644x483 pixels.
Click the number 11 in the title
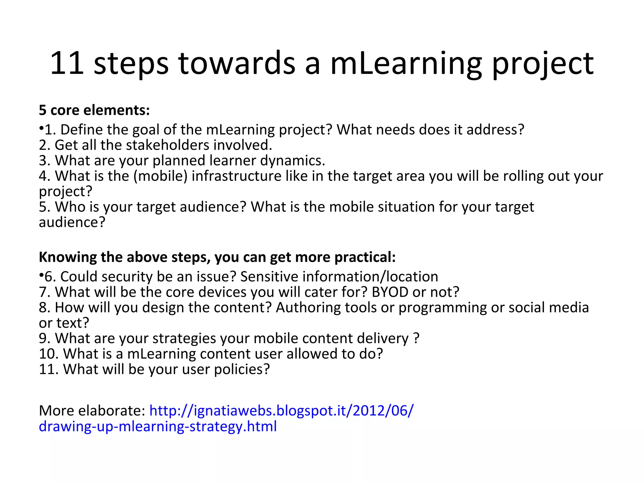(x=67, y=64)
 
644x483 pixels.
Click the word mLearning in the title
(x=406, y=64)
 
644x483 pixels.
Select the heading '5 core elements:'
(x=94, y=110)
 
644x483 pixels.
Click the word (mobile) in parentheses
(x=160, y=176)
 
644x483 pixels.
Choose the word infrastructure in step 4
(x=236, y=176)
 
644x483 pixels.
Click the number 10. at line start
(x=49, y=354)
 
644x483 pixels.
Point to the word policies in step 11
(x=242, y=369)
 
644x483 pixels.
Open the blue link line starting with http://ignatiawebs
(x=281, y=411)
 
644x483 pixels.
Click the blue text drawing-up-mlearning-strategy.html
(x=158, y=427)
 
